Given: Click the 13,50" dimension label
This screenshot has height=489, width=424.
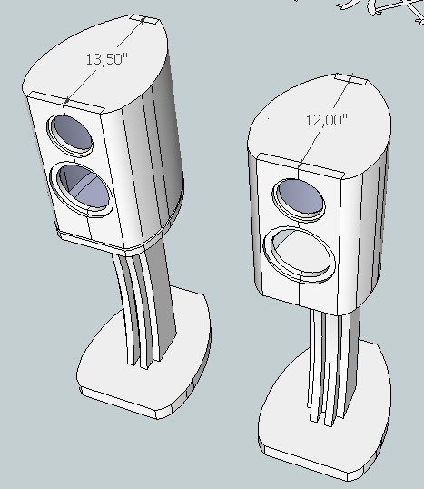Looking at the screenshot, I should click(105, 59).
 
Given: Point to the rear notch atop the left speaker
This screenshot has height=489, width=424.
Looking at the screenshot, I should click(144, 18).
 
